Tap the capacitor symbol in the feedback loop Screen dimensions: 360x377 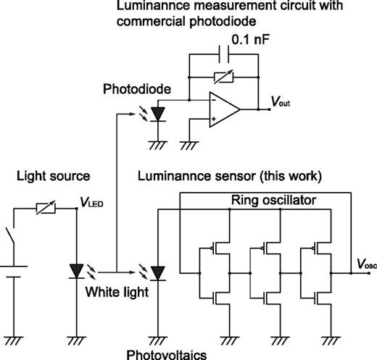(223, 58)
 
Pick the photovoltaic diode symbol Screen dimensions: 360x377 (159, 272)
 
